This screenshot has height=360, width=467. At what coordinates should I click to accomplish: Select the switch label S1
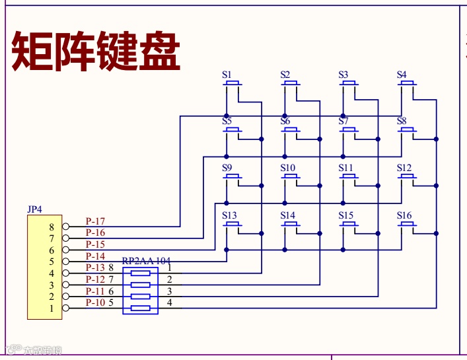coord(227,75)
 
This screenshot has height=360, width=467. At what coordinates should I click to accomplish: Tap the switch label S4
coord(402,75)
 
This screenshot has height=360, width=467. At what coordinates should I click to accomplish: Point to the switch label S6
coord(285,122)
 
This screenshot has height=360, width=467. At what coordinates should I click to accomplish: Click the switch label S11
coord(346,168)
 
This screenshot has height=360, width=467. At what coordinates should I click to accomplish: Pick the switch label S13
coord(229,215)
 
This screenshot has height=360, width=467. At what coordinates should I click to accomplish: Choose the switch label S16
coord(404,215)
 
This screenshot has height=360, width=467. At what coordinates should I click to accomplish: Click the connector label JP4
coord(34,209)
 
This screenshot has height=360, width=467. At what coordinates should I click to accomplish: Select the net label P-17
coord(95,221)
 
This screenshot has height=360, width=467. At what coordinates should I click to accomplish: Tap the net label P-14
coord(95,256)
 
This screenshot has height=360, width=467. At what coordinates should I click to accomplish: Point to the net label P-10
coord(95,303)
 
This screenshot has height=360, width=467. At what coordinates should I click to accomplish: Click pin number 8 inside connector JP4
coord(52,227)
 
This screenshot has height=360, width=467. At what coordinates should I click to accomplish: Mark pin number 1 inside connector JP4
coord(52,308)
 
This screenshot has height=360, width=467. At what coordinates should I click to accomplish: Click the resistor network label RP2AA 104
coord(147,261)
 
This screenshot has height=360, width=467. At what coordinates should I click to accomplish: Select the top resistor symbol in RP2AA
coord(140,273)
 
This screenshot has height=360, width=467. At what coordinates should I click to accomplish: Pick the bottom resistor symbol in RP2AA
coord(140,308)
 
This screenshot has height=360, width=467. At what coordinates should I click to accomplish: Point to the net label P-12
coord(95,279)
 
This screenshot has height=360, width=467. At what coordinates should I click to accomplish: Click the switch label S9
coord(227,168)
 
